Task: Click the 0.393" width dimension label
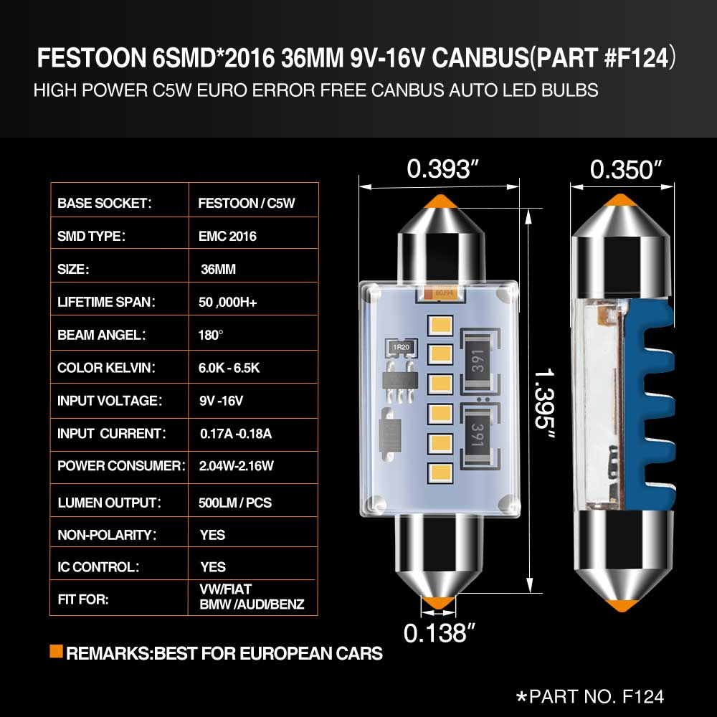pos(442,168)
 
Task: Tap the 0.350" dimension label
pos(625,170)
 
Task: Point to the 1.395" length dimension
pos(545,403)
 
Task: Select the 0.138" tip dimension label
pos(439,633)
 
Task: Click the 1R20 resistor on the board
pos(401,347)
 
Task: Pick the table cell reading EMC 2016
pos(227,237)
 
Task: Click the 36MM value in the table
pos(218,270)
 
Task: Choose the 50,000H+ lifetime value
pos(228,303)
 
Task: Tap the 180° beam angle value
pos(210,335)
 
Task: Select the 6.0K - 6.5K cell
pos(229,368)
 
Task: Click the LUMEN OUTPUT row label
pos(109,503)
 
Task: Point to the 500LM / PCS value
pos(235,503)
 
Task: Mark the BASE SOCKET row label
pos(104,204)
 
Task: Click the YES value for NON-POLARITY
pos(213,535)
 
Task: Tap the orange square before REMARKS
pos(56,651)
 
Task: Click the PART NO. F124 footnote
pos(590,697)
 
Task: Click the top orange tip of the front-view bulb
pos(440,201)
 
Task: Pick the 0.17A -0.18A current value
pos(236,434)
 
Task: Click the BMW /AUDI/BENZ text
pos(252,604)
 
